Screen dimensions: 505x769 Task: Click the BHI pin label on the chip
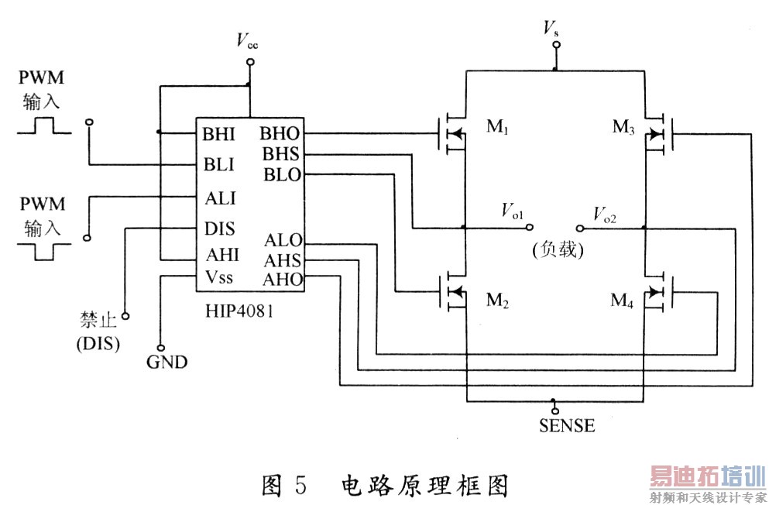(219, 134)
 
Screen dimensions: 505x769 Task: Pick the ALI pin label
(219, 198)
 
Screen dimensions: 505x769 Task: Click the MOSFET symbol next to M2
(455, 292)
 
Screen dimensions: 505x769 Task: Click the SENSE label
(567, 425)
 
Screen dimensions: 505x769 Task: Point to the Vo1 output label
(512, 211)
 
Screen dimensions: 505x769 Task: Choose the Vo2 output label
(604, 212)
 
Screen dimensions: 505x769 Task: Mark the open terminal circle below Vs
(554, 45)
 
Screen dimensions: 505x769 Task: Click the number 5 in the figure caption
(301, 485)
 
